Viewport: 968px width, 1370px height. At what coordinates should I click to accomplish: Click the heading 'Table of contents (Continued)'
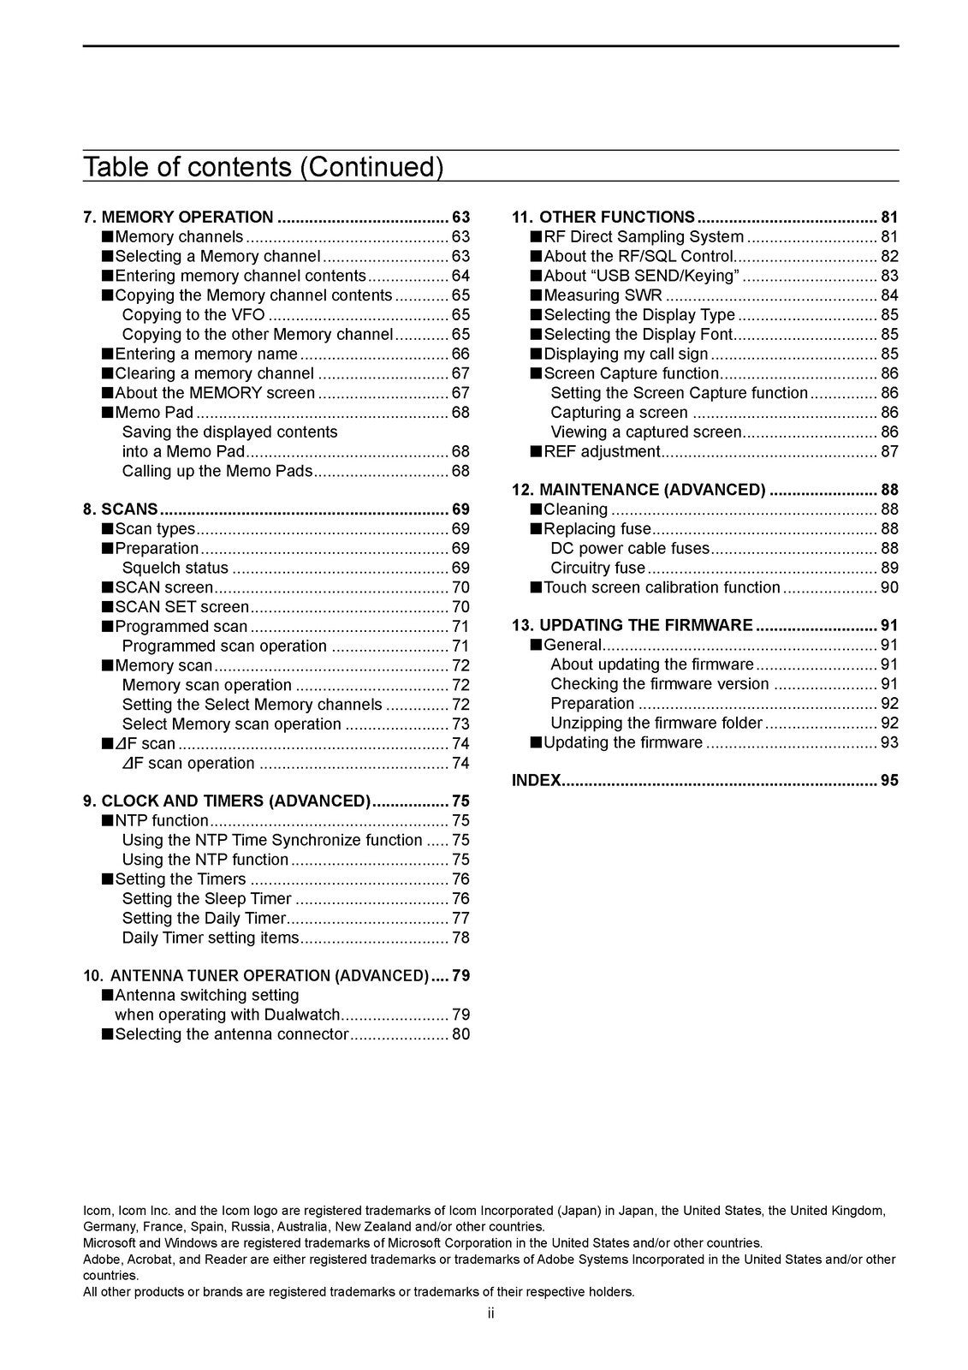[x=263, y=166]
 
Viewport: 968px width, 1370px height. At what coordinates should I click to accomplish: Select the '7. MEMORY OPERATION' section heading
[x=178, y=217]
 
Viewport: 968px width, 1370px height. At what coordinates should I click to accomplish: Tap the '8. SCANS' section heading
[x=121, y=509]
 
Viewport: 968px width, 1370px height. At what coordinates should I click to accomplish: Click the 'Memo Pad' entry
[x=154, y=413]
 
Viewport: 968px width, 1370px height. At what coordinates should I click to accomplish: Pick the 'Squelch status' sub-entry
[x=175, y=569]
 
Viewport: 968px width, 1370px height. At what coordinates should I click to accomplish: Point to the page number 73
[x=460, y=724]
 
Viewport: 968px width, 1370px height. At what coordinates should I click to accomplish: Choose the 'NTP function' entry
[x=161, y=821]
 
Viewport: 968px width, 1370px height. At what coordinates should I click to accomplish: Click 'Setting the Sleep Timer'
[x=206, y=899]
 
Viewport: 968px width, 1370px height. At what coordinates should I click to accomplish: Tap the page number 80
[x=460, y=1034]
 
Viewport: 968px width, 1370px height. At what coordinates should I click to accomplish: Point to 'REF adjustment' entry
[x=602, y=451]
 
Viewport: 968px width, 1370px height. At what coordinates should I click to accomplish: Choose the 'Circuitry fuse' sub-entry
[x=598, y=569]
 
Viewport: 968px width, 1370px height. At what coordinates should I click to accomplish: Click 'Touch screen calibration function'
[x=662, y=587]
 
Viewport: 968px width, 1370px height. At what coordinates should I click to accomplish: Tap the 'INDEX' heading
[x=536, y=780]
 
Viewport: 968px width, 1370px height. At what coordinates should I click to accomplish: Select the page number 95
[x=889, y=780]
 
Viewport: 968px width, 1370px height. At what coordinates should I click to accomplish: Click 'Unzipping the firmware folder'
[x=656, y=723]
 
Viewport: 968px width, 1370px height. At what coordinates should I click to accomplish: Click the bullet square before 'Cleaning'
[x=536, y=509]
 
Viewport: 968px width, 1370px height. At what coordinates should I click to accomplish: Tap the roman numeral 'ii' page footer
[x=490, y=1313]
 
